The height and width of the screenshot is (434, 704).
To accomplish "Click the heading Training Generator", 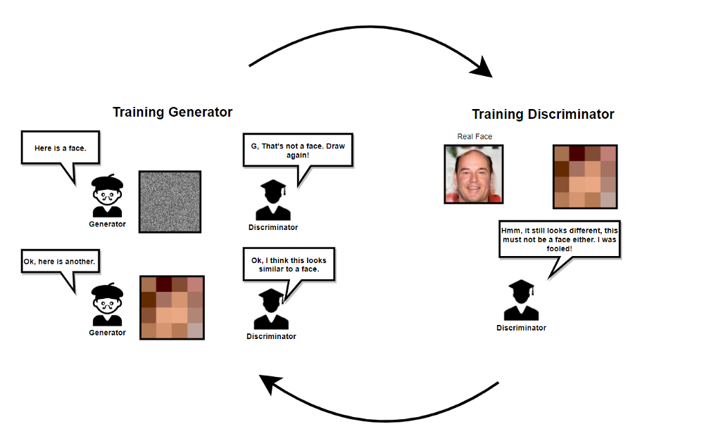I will click(x=172, y=112).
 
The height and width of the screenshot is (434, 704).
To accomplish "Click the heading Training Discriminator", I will click(x=543, y=114).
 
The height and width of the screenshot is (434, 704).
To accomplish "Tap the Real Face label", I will click(x=474, y=136).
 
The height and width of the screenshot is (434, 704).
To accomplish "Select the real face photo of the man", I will click(x=473, y=174).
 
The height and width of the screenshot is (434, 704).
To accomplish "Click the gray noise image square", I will click(x=170, y=202).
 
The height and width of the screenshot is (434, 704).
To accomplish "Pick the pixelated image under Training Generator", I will click(x=172, y=307).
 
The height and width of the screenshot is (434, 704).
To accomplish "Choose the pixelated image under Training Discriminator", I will click(x=585, y=177).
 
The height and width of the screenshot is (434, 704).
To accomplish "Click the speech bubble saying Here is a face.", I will click(x=60, y=148).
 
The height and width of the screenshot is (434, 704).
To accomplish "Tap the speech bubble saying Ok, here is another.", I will click(x=59, y=262).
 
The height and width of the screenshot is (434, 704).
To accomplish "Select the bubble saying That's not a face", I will click(x=296, y=151).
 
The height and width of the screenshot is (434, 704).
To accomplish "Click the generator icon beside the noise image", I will click(x=107, y=196).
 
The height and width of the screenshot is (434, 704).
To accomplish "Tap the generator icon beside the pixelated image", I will click(x=107, y=305).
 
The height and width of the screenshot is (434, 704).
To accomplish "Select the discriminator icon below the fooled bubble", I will click(x=521, y=300).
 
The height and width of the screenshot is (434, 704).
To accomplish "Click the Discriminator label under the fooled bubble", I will click(x=521, y=328).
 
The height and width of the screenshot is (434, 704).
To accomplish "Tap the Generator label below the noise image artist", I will click(x=107, y=224).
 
